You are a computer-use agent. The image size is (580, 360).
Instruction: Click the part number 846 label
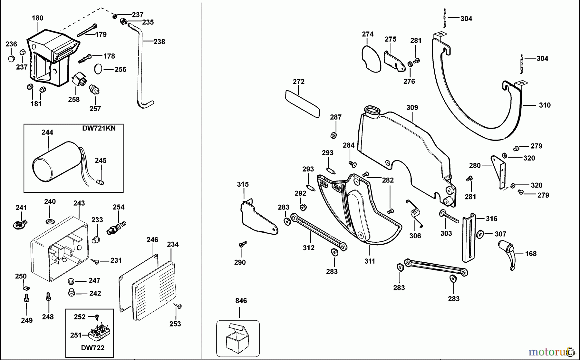[241, 301]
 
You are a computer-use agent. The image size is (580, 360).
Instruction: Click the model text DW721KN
[99, 128]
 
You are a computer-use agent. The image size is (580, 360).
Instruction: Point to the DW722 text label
[92, 348]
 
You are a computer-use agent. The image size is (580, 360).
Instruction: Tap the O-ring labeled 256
[98, 69]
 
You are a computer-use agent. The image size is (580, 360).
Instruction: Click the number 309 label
[412, 108]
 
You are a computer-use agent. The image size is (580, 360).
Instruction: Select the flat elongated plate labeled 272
[302, 104]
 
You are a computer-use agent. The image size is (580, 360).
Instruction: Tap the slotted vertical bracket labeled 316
[469, 238]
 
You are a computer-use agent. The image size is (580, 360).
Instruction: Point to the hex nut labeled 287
[334, 135]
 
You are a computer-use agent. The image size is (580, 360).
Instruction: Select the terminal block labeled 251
[99, 334]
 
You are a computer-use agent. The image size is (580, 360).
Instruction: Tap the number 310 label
[545, 105]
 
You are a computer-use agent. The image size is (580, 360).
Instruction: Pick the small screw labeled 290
[242, 244]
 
